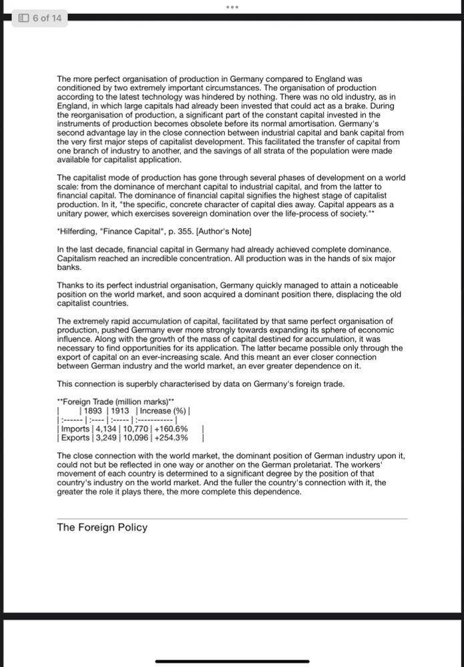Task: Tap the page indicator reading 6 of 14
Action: (x=41, y=18)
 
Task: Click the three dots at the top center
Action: (x=232, y=7)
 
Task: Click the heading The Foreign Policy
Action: (x=102, y=527)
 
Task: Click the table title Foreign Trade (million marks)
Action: (x=116, y=402)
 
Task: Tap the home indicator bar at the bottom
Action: (x=232, y=662)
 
